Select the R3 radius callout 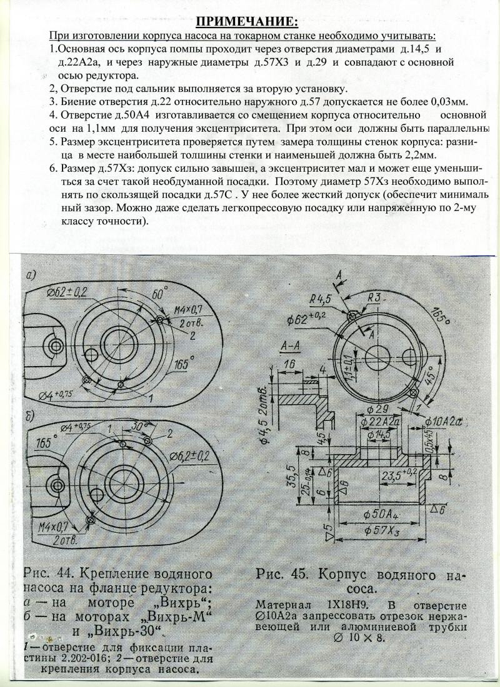[x=374, y=298]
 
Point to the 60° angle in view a [x=157, y=293]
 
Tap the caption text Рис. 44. [x=49, y=574]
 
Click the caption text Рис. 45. [x=283, y=574]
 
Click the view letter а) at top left [x=31, y=275]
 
